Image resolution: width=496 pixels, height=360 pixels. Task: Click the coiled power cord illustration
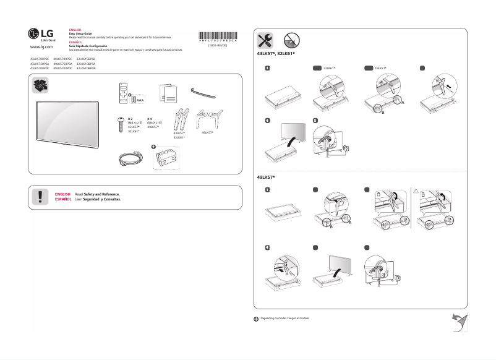(129, 159)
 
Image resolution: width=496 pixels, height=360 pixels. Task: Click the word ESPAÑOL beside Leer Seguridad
(62, 200)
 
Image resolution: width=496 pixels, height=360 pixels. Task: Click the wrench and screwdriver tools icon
(265, 41)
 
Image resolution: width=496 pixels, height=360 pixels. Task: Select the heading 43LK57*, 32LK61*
(276, 54)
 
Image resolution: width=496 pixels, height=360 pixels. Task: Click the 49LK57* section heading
(266, 178)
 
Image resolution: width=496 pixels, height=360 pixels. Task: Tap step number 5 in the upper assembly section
(315, 121)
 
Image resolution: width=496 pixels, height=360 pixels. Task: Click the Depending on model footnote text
(283, 318)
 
